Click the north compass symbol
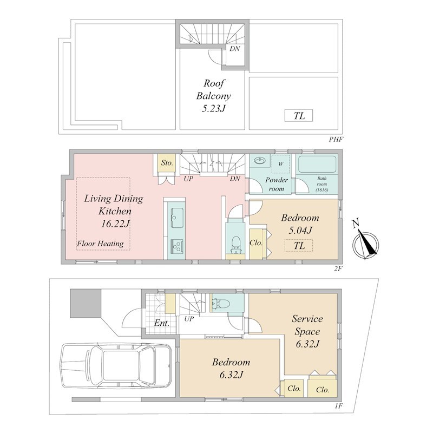(x=366, y=242)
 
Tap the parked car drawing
(x=115, y=365)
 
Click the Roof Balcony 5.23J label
(x=214, y=96)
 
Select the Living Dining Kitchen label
(x=114, y=205)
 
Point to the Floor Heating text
(x=100, y=244)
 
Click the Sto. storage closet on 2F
(x=167, y=163)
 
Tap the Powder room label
(x=277, y=184)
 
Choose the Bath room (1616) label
(x=322, y=184)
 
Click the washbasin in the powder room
(x=259, y=160)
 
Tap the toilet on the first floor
(x=220, y=304)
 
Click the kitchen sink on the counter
(x=177, y=218)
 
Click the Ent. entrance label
(x=162, y=323)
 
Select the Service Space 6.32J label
(x=307, y=331)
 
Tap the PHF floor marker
(x=336, y=139)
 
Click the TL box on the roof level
(x=299, y=115)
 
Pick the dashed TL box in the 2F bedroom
(x=299, y=245)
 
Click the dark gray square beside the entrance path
(x=86, y=303)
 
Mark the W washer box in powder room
(x=280, y=164)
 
